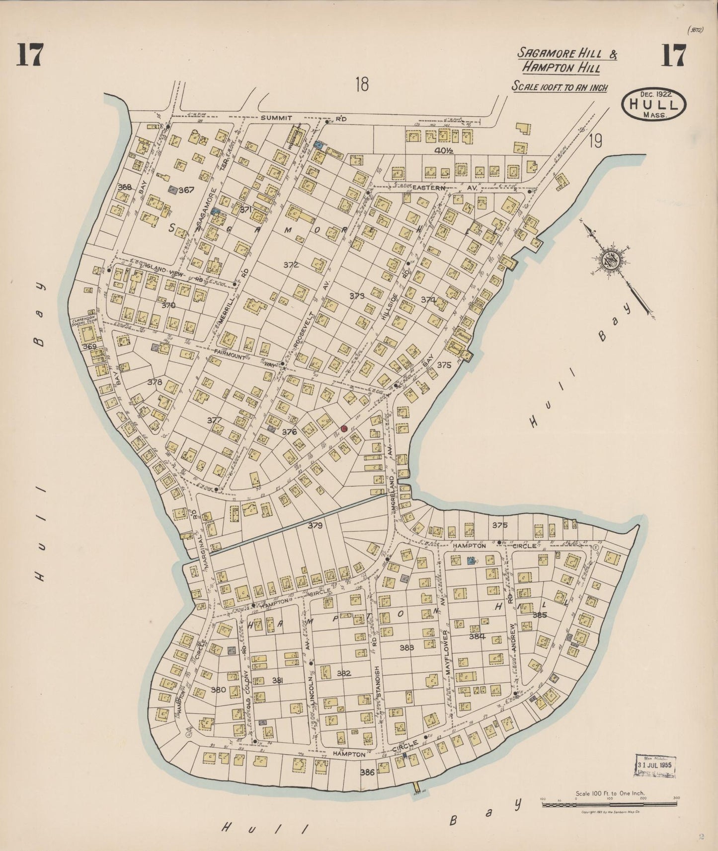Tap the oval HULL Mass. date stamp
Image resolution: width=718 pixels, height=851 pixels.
(653, 104)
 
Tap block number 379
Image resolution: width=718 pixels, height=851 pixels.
(315, 525)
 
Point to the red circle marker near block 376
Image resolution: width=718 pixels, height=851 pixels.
(343, 428)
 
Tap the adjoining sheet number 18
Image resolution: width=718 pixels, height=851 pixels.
(362, 85)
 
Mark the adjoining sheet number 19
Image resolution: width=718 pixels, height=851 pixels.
(595, 142)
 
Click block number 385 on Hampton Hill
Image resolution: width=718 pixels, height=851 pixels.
(539, 615)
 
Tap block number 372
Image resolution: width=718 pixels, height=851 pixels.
(291, 265)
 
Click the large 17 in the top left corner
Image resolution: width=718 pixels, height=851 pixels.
(30, 55)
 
